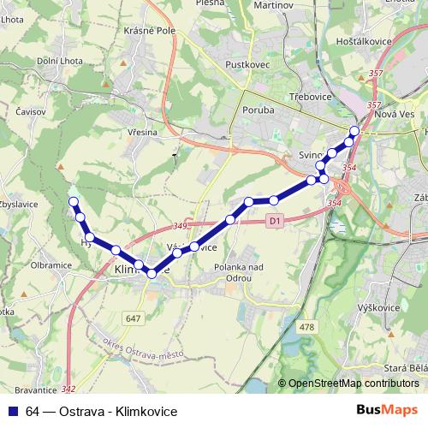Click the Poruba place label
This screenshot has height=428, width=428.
256,110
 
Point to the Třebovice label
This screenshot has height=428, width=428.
309,98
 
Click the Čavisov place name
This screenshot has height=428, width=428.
32,111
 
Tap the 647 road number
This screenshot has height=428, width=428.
132,319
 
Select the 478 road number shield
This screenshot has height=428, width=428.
306,326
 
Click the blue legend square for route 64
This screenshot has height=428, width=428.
13,411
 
